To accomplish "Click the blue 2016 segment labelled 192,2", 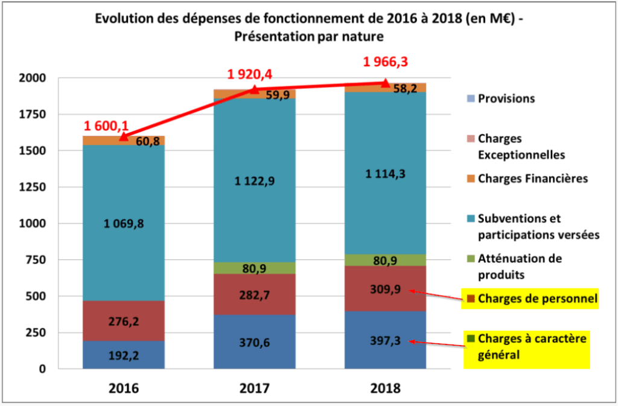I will pos(124,355).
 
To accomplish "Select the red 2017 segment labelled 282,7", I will pos(254,294).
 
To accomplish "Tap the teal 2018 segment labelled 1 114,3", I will pos(385,174).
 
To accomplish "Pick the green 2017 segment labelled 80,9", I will pos(254,268).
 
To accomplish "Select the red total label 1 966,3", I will pos(386,62).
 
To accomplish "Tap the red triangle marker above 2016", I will pos(124,136).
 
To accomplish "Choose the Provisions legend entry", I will pos(506,98).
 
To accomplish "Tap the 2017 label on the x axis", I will pos(254,387).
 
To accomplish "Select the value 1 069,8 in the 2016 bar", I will pos(124,224).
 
